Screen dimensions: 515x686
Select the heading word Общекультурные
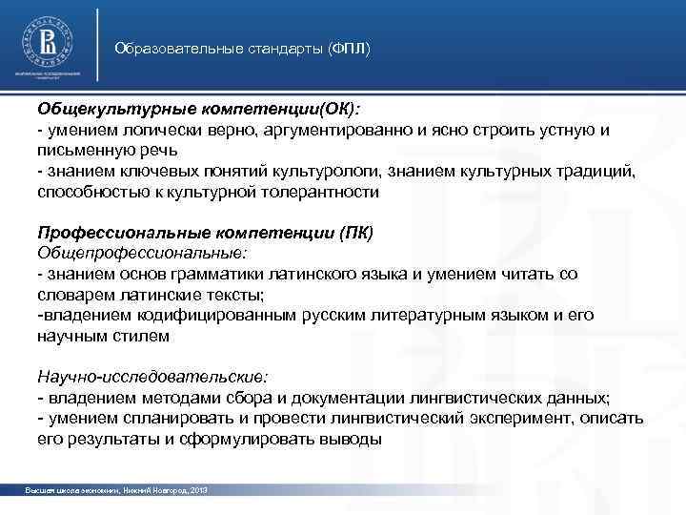pos(104,111)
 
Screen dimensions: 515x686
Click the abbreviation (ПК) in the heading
pos(356,233)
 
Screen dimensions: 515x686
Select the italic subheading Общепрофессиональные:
pos(142,253)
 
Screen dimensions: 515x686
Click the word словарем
pos(73,294)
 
